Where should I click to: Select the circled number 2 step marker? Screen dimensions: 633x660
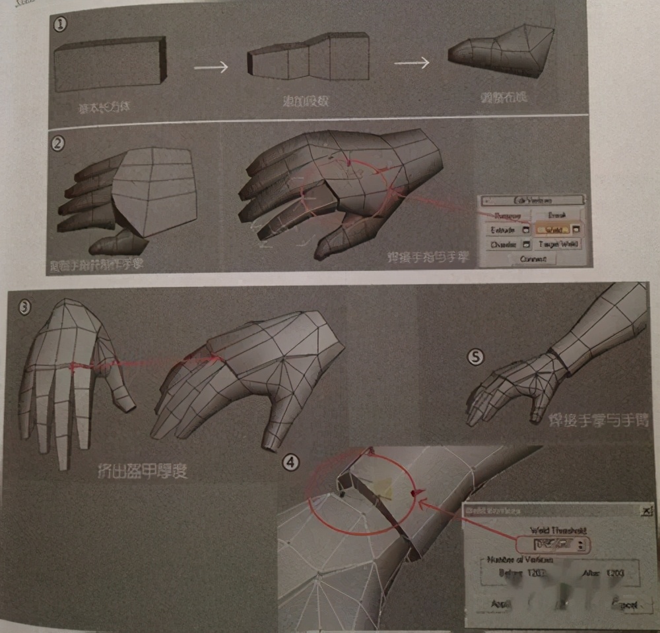point(58,142)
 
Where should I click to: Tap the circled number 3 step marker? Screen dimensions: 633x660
point(24,307)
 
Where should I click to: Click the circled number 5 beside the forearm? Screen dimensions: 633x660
point(475,357)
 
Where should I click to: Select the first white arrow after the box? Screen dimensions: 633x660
point(212,67)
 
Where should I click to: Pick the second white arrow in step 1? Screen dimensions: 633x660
point(412,63)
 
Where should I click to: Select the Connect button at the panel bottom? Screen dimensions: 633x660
point(533,259)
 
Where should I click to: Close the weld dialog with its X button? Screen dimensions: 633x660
point(646,510)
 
